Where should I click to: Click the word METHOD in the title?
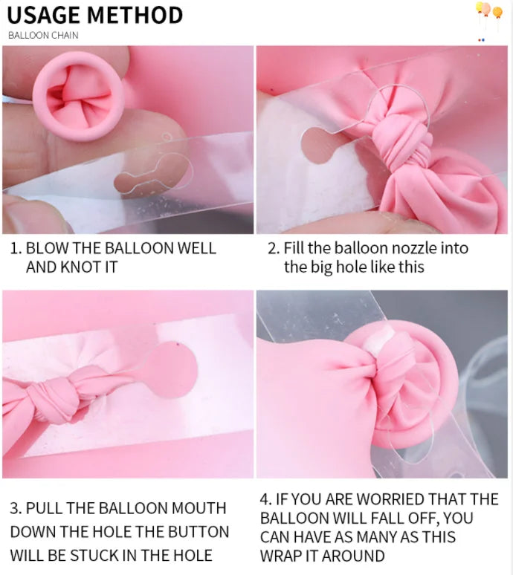[135, 16]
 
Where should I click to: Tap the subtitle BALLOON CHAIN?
[43, 36]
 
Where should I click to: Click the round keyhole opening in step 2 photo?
[318, 146]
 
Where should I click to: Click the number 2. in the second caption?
[274, 249]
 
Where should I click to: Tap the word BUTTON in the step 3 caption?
[199, 532]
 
